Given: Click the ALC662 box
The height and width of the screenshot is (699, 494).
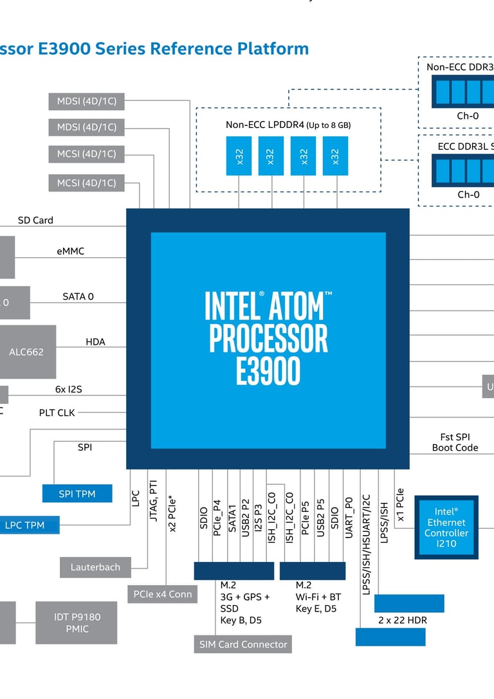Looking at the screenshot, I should pos(27,352).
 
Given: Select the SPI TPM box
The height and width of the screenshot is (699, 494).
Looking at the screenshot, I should pos(77,493).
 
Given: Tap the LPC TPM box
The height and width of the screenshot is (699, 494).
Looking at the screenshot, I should pos(26,525).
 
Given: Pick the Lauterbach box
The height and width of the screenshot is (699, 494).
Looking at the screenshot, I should pos(95,567).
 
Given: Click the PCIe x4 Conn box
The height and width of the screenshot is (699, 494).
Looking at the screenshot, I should pos(162,594).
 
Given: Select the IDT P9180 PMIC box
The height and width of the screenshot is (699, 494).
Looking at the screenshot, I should pos(77,622).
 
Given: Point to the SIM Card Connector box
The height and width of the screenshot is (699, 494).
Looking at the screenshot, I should pos(242,644).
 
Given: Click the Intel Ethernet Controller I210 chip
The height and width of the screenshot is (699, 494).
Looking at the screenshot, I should pos(446,527).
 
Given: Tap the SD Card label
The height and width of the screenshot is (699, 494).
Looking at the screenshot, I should pos(35,220).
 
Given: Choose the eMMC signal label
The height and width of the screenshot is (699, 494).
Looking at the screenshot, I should pos(71,251).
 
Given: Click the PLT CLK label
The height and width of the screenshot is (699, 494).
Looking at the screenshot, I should pos(57,412).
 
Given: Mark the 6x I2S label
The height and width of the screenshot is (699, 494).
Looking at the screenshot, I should pos(69,389).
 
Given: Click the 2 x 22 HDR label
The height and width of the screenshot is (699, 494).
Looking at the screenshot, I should pos(403,620).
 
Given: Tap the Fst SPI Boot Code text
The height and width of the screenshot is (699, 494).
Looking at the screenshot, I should pos(455,442).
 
